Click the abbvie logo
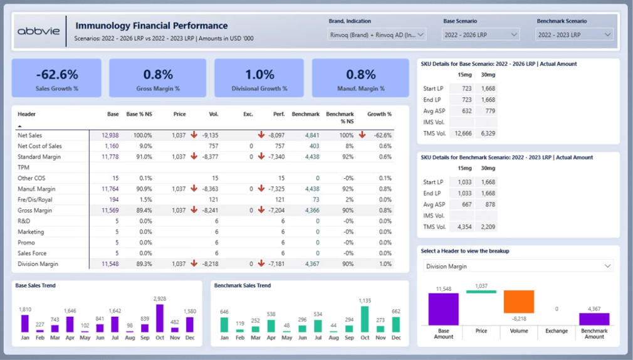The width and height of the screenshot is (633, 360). pos(38,31)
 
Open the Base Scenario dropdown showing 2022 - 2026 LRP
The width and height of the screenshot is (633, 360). pos(481,35)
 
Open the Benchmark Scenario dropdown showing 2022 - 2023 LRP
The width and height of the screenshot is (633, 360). pos(573,35)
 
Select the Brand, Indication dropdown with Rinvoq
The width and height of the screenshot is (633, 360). pos(377,35)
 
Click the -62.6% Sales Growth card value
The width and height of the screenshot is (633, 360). pos(56,75)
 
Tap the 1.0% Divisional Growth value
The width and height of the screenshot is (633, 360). pos(259,75)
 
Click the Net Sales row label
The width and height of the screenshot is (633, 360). pos(30,135)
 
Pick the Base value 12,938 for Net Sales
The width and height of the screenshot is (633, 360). pos(110,135)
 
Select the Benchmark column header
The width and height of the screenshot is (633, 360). pos(306,114)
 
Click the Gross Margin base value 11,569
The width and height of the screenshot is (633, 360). pos(110,211)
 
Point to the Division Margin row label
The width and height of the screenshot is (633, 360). pos(39,264)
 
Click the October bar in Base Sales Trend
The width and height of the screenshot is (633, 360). pos(160,318)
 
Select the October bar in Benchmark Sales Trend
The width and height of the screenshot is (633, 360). pos(365,319)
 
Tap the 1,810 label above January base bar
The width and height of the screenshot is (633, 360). pos(25,310)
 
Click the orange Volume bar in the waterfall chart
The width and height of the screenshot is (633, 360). pos(519,302)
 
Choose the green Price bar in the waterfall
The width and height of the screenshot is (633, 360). pos(481,292)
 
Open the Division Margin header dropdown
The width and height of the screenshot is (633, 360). pos(518,267)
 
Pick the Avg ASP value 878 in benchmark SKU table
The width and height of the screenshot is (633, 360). pos(487,204)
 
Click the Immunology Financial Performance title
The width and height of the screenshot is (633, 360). pos(151,26)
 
